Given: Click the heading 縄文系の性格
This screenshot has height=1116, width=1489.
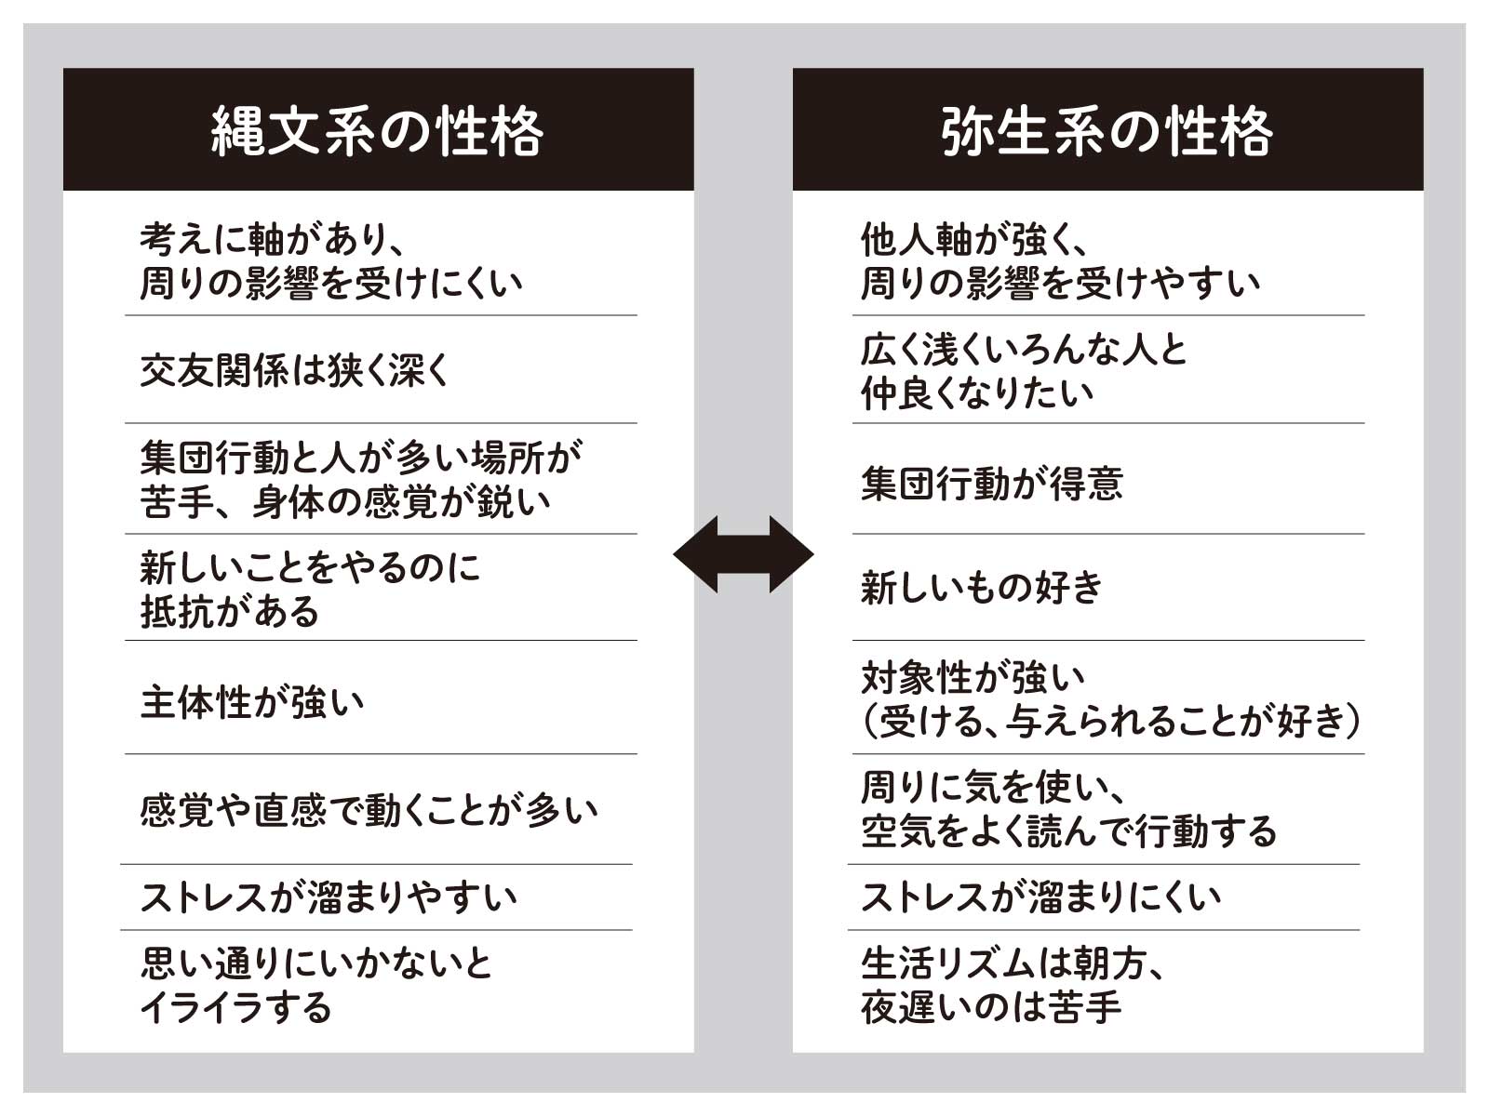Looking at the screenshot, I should click(x=377, y=131).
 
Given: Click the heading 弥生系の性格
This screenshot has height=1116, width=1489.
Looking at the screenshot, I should click(x=1107, y=131).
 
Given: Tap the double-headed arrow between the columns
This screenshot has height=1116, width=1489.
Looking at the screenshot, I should click(x=743, y=555).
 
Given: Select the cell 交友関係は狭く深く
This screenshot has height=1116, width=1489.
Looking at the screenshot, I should click(x=295, y=371).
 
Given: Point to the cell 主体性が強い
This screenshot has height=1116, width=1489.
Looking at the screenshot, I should click(x=252, y=702).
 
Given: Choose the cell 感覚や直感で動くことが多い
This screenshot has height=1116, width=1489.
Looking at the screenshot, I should click(x=369, y=810).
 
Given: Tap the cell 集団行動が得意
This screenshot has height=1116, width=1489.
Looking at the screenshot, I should click(x=992, y=484).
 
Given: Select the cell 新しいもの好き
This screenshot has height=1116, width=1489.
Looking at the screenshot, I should click(x=982, y=588).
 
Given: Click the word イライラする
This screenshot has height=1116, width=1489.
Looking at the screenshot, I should click(x=236, y=1008).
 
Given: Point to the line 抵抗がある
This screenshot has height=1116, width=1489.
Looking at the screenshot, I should click(x=230, y=612).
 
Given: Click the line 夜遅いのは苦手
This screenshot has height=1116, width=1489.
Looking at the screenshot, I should click(x=991, y=1008).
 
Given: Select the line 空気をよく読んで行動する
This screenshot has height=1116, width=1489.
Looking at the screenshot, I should click(x=1068, y=831).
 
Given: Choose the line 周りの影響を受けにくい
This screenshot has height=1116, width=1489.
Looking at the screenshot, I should click(x=331, y=284).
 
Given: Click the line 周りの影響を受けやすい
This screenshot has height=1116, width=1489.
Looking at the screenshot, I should click(x=1061, y=284).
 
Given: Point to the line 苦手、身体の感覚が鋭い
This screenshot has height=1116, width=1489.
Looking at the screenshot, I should click(x=345, y=503).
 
